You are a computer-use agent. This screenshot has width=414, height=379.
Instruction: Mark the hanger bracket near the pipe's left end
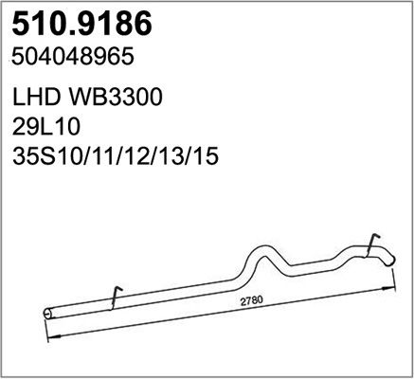[x=113, y=298]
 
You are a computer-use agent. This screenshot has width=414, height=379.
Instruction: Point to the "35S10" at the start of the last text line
[x=44, y=156]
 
